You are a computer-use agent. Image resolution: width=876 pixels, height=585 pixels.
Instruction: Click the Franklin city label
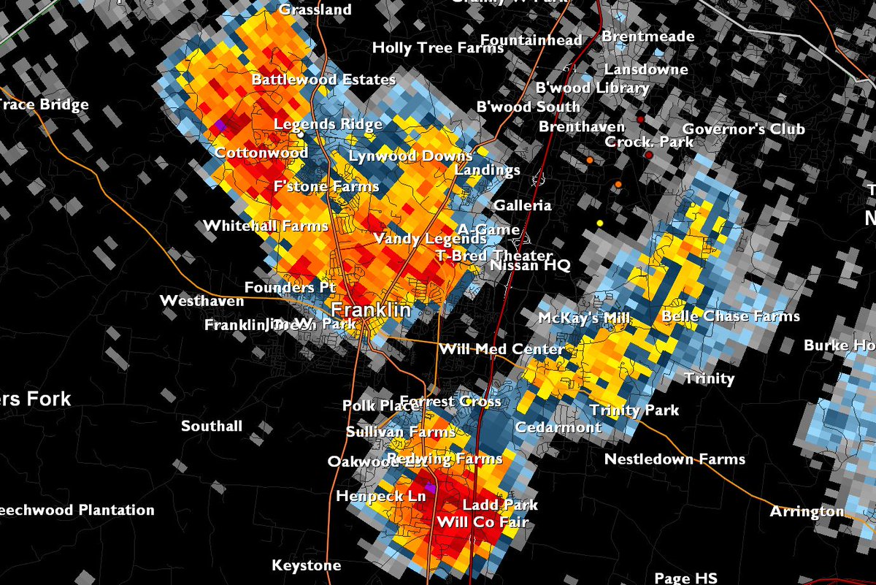[372, 310]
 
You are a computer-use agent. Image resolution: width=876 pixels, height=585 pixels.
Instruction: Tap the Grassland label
[315, 10]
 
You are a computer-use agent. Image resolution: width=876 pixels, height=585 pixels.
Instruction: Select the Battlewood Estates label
[323, 80]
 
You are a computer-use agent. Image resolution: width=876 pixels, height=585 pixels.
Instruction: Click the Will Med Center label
[501, 350]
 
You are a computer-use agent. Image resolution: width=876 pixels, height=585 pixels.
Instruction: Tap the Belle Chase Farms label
[730, 316]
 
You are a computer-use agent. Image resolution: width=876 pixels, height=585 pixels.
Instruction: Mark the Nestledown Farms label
[675, 459]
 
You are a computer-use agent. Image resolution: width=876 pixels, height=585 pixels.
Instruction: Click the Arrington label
[807, 511]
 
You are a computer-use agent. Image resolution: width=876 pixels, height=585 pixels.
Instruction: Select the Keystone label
[306, 566]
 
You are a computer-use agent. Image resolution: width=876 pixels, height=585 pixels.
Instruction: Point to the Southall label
[212, 426]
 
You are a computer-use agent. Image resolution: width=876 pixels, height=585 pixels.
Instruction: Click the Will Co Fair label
[482, 522]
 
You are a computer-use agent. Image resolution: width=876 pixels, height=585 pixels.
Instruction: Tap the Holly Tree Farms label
[438, 48]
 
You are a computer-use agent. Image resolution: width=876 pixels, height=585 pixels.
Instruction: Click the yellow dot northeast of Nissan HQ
[600, 223]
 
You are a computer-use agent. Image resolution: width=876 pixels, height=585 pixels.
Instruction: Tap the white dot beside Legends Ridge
[301, 135]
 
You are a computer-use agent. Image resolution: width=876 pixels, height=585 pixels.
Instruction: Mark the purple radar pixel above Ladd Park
[430, 487]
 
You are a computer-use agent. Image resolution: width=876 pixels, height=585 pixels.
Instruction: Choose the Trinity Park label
[634, 410]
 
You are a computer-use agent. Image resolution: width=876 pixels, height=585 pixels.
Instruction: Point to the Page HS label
[685, 578]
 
